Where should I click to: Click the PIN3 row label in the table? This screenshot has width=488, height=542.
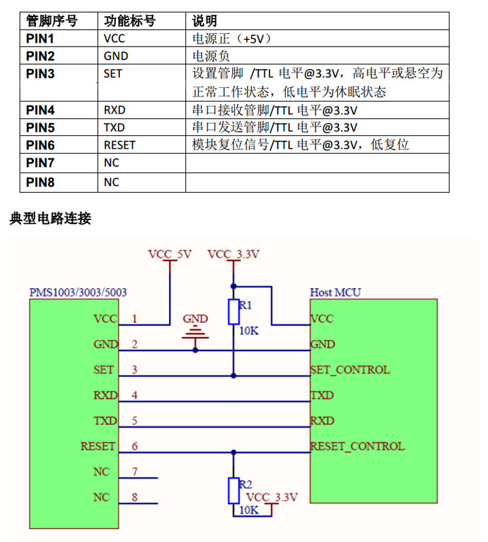coord(40,74)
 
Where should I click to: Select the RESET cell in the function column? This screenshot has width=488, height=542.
coord(119,145)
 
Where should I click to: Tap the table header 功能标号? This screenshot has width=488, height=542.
coord(130,21)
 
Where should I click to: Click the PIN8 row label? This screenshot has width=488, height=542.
coord(40,182)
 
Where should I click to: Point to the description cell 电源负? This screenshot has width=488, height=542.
coord(211,56)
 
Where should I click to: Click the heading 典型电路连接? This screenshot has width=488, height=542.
coord(51,219)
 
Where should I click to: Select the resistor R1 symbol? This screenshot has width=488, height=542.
coord(234,312)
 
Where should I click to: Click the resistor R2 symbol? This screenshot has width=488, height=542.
coord(234,491)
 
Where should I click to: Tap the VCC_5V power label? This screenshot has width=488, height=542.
coord(170,254)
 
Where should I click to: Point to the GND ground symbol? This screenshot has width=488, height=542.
coord(196,332)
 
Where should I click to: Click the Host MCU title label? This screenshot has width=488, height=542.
coord(335,292)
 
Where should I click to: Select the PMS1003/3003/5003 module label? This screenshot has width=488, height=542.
coord(78,292)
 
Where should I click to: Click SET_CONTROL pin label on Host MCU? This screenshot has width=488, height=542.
coord(350,370)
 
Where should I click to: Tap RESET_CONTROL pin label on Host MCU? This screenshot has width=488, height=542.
coord(357,446)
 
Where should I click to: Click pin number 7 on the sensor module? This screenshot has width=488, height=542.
coord(135,472)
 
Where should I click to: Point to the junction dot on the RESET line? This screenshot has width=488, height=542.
coord(234,453)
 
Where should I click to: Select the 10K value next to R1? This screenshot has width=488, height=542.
coord(249,331)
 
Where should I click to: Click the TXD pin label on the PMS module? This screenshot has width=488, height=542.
coord(106,421)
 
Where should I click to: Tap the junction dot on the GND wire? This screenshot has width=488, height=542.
coord(196,351)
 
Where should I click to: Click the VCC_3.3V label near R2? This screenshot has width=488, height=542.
coord(272,497)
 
